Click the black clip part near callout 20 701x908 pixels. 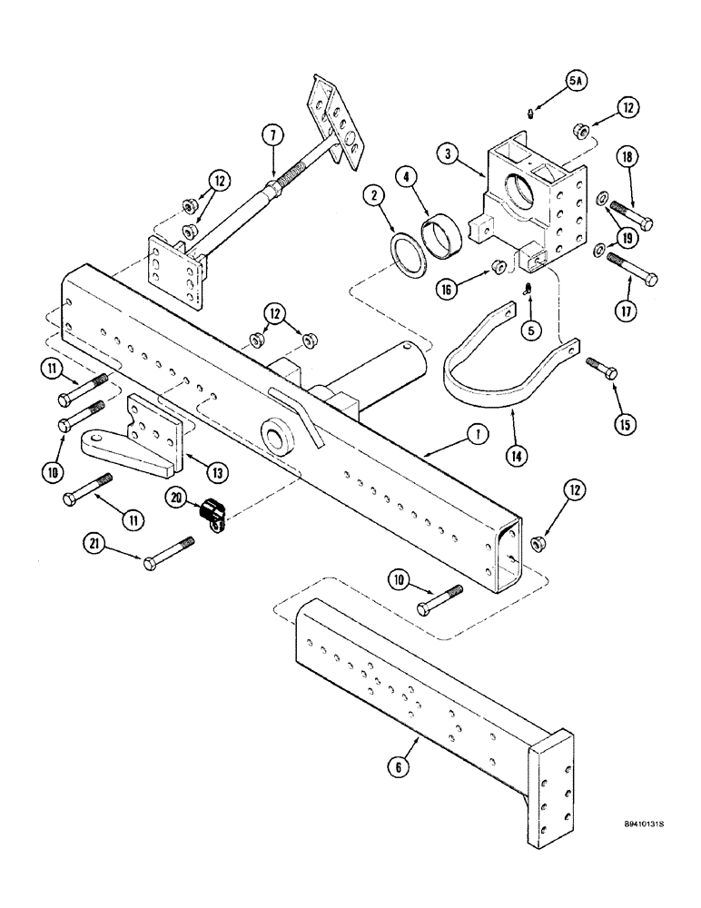[x=213, y=515]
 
